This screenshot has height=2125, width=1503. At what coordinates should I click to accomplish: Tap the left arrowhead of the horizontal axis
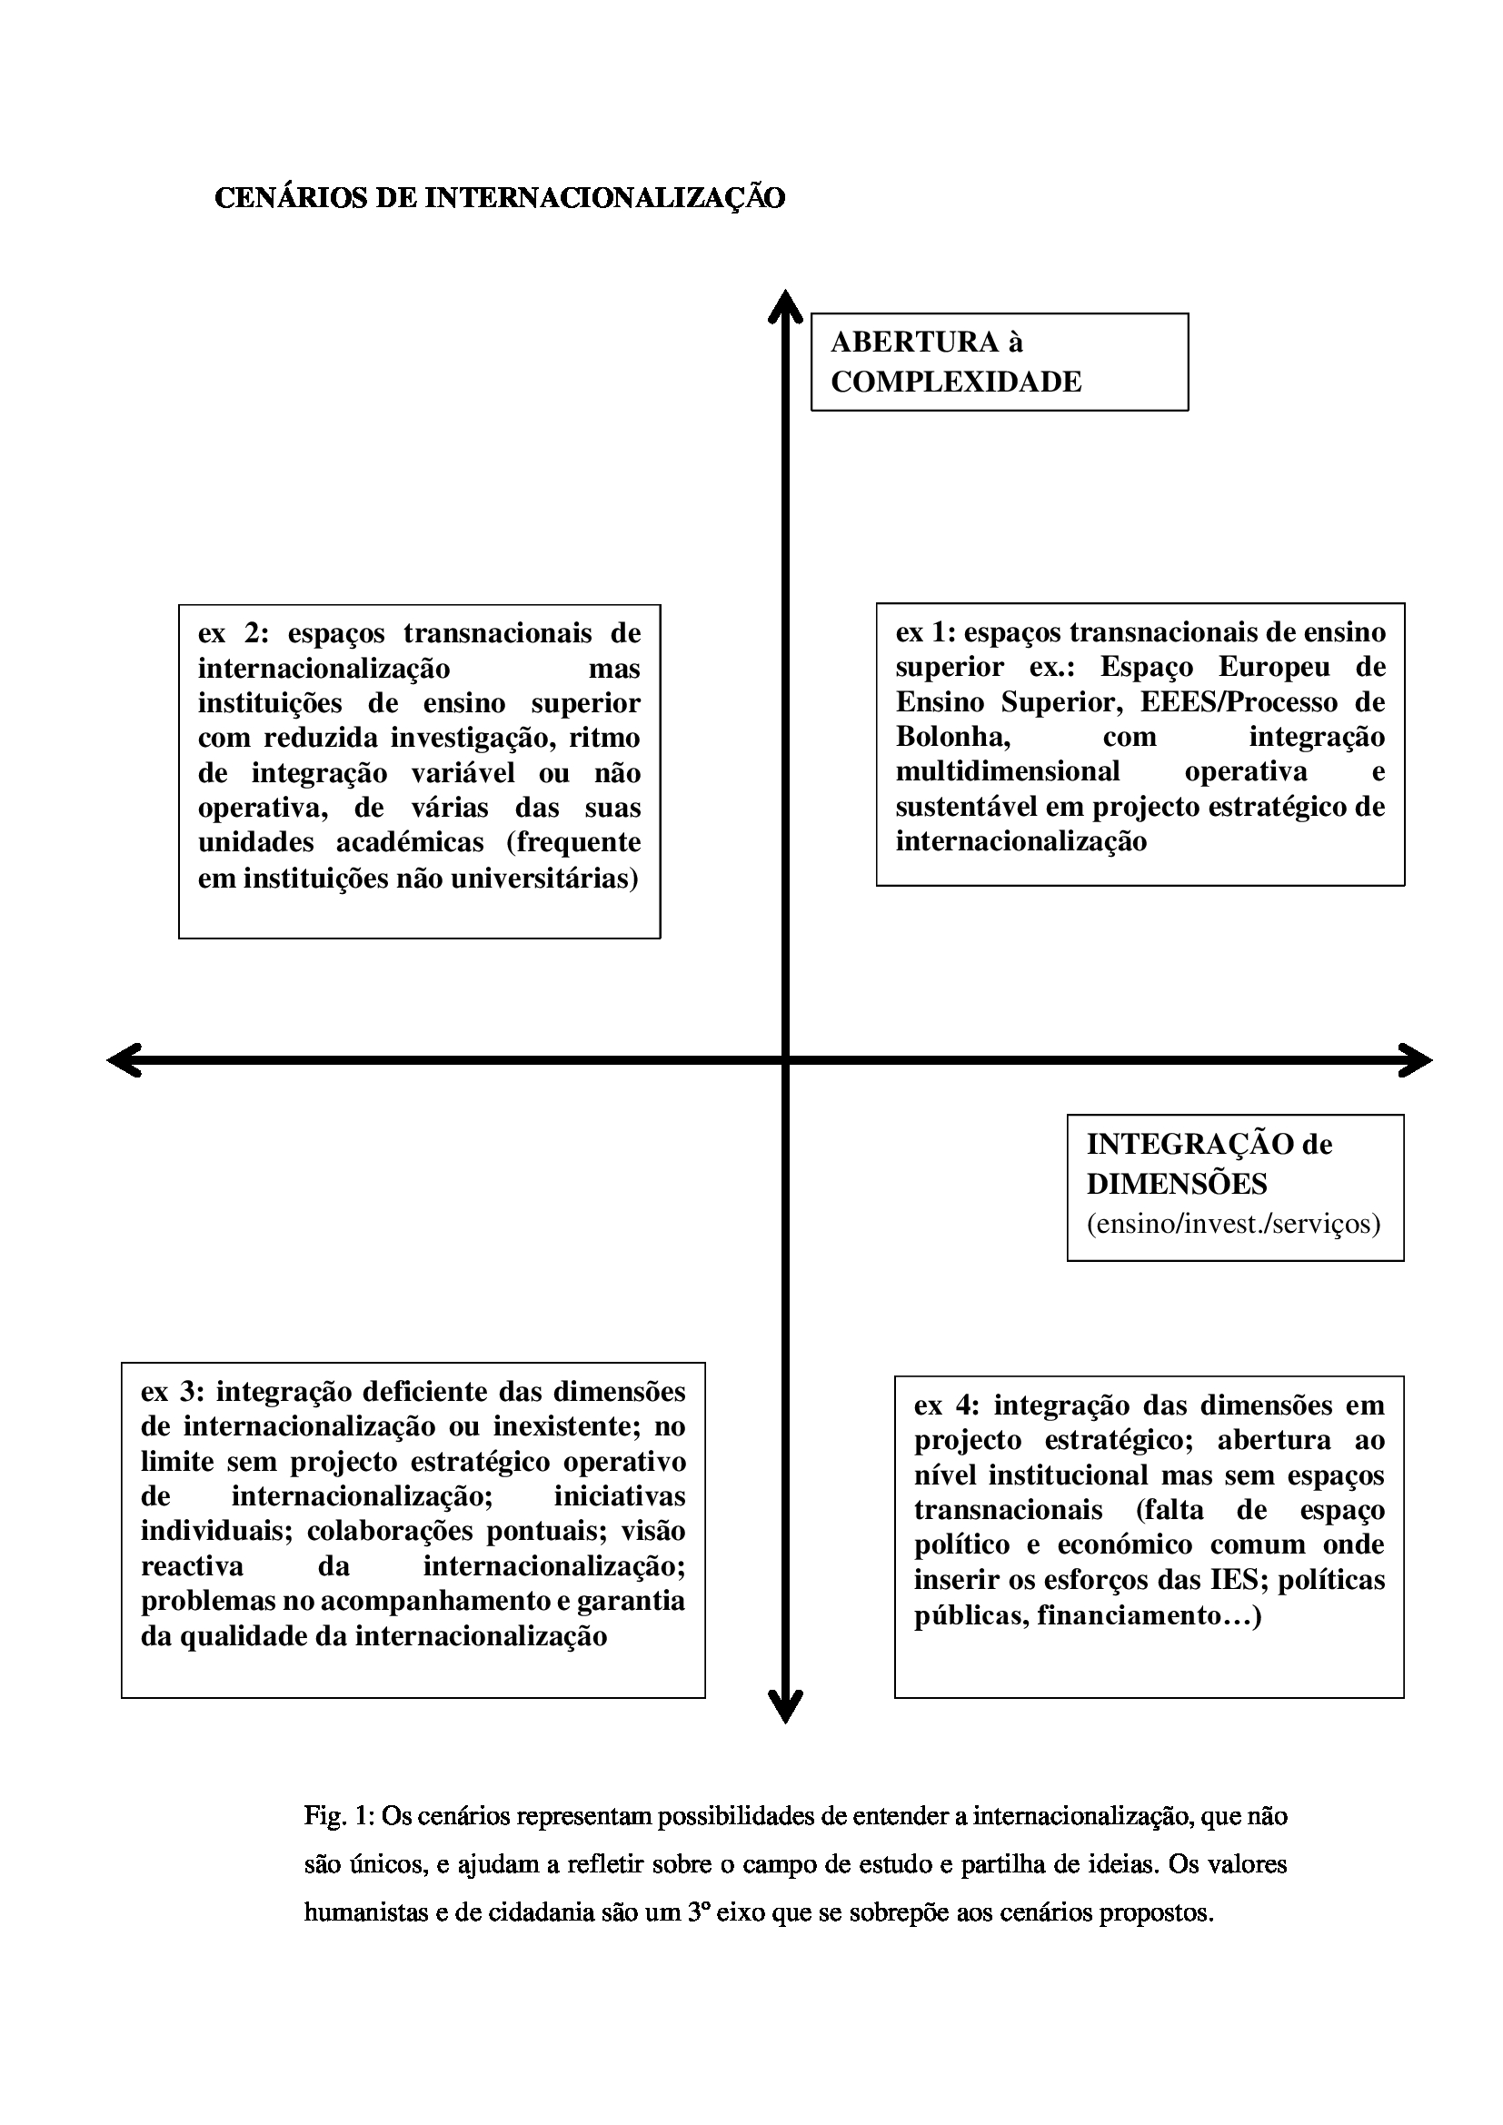click(x=124, y=1059)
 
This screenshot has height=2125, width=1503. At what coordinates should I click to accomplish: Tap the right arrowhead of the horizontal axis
click(x=1416, y=1059)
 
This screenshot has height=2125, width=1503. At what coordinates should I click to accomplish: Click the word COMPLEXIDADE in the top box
click(x=956, y=382)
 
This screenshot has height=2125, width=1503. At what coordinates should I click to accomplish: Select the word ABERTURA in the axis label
click(x=914, y=343)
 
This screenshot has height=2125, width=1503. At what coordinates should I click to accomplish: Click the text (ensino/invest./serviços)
click(x=1234, y=1224)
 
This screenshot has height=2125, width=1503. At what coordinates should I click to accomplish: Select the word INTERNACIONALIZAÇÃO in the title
click(x=604, y=198)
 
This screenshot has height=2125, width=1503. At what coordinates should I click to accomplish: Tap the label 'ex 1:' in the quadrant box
click(x=925, y=632)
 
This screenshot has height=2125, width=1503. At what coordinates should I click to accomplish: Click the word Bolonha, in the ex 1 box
click(x=952, y=737)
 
